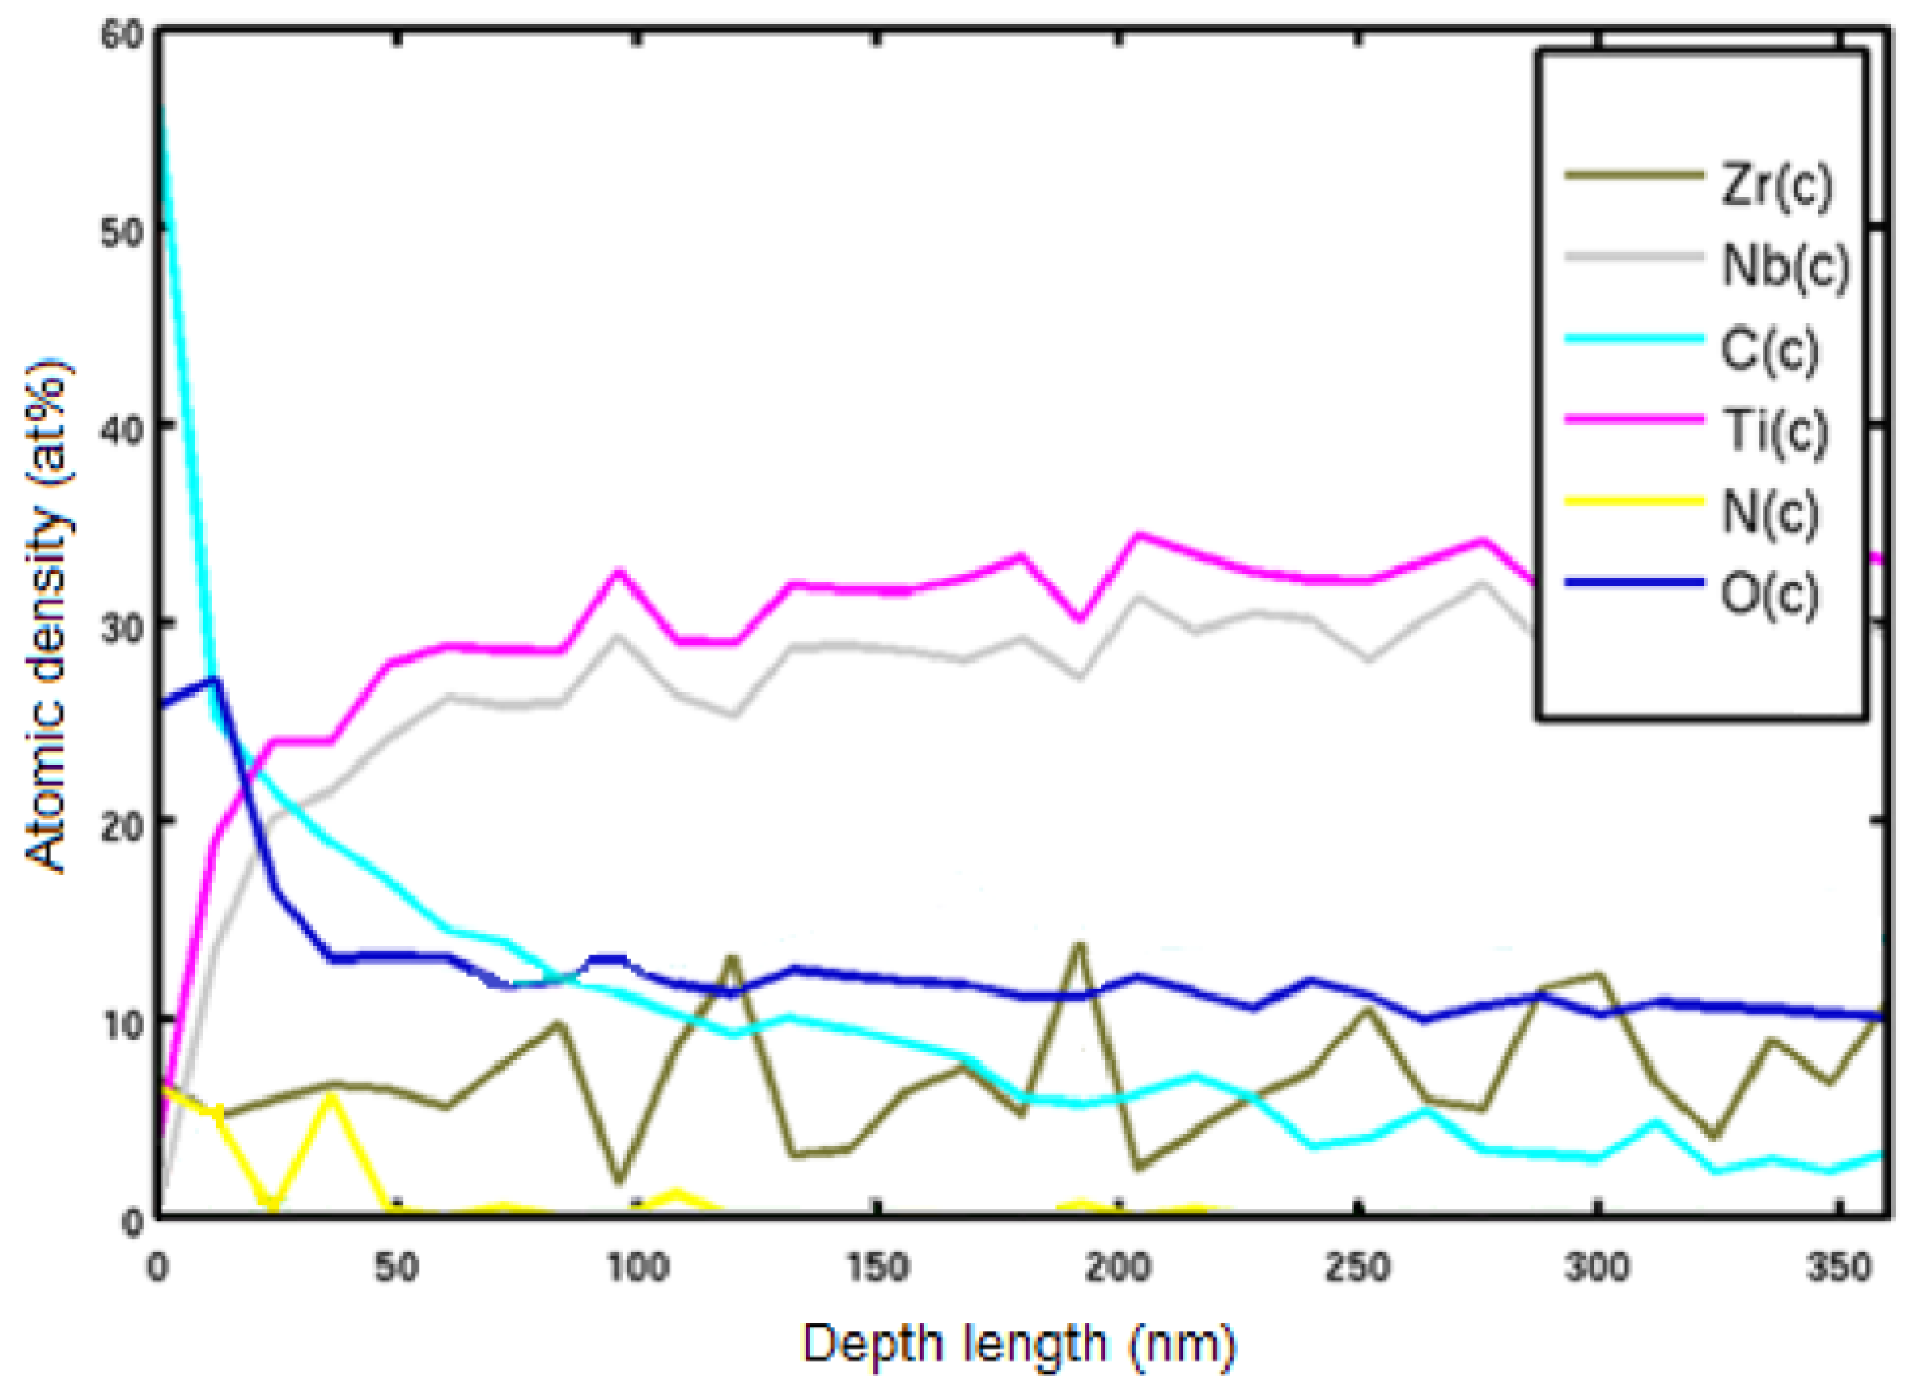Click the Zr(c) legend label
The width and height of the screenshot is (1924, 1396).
point(1775,185)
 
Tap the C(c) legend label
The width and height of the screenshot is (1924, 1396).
point(1769,348)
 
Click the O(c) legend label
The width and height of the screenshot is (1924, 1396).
point(1769,594)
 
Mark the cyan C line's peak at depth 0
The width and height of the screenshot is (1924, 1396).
point(160,106)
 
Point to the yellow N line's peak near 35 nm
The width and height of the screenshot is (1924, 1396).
point(330,1096)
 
